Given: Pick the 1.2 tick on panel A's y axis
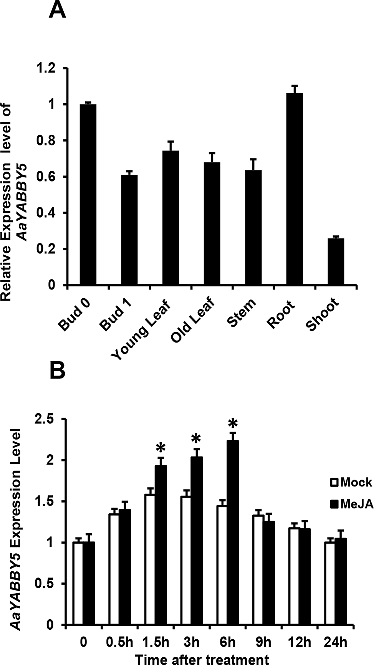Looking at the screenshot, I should coord(51,68).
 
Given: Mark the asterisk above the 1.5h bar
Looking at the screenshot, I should coord(161,448).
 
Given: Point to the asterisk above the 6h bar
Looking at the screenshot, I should coord(233,424).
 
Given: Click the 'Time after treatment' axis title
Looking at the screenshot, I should coord(207,658).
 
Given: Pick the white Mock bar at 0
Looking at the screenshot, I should coord(78,584).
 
